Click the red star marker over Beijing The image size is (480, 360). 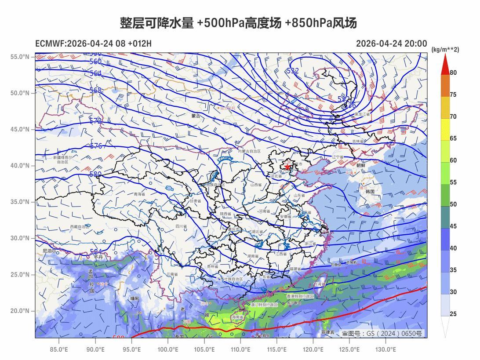pos(287,167)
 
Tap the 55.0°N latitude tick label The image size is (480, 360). pos(20,57)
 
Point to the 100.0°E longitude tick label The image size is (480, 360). pos(168,349)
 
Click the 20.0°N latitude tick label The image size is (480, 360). pos(20,311)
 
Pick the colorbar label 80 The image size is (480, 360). pos(453,73)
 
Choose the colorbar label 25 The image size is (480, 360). pos(453,314)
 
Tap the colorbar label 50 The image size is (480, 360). pos(453,204)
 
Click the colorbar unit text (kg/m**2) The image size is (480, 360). pos(445,50)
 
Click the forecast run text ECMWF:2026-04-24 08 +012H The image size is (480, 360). pos(93,44)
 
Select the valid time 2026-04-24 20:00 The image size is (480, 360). pos(391,44)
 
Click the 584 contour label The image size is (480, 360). pos(96,252)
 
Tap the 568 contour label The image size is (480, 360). pos(95,91)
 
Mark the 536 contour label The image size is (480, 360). pos(350,105)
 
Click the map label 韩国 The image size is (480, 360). pos(370,192)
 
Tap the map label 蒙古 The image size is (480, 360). pos(196,116)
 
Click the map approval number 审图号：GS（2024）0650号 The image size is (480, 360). pos(382,334)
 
